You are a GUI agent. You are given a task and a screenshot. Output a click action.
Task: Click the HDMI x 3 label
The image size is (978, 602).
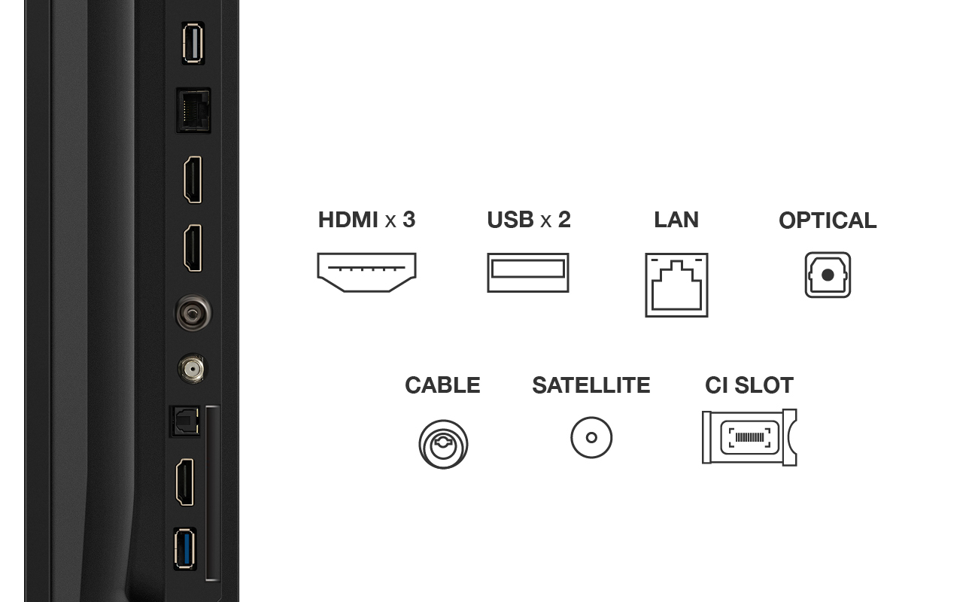coord(366,219)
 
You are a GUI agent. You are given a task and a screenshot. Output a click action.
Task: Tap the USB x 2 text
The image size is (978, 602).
coord(529,219)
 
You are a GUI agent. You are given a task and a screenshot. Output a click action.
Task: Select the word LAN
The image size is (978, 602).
coord(676,219)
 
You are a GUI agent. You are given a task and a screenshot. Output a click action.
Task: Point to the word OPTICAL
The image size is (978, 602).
coord(828,220)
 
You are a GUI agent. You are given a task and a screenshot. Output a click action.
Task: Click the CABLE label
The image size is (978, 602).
coord(442,385)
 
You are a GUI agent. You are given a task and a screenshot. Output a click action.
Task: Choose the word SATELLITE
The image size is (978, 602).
coord(591,385)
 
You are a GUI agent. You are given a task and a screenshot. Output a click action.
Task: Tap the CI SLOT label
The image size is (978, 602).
coord(749,385)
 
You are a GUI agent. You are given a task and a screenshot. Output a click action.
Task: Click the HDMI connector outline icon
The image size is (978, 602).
coord(366,272)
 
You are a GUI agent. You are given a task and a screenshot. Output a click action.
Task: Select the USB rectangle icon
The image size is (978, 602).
coord(528,272)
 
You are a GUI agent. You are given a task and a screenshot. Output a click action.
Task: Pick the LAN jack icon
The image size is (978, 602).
coord(676,285)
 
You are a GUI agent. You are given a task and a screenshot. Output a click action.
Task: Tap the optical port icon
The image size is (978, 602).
coord(828,275)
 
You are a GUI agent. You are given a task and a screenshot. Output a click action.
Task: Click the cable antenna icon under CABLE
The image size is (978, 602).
coord(443,444)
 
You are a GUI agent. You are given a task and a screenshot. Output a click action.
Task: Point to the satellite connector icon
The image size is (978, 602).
coord(591,437)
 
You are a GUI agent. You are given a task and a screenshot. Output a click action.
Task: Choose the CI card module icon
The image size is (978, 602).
coord(749,437)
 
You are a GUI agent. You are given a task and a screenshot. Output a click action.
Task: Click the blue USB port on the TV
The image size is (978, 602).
coord(185,549)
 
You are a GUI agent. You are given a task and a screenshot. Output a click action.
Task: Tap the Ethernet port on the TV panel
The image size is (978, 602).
coord(193,111)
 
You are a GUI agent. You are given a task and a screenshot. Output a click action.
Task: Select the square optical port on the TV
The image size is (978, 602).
coord(184,421)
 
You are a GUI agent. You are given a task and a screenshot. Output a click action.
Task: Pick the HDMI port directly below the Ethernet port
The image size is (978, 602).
coord(193,180)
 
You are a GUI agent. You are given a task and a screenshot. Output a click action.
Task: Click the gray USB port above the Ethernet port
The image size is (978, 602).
coord(193,43)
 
